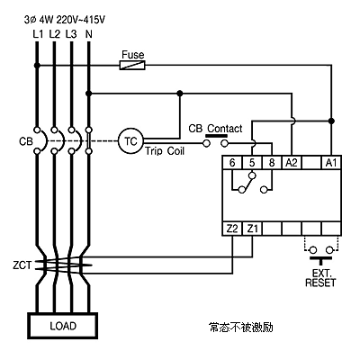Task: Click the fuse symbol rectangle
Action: [x=132, y=65]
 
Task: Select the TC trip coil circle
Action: [x=130, y=141]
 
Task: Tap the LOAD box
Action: [x=63, y=326]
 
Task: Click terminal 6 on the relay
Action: [x=232, y=163]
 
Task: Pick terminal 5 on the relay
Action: [x=252, y=163]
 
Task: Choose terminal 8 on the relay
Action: [x=272, y=163]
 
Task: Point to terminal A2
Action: [x=292, y=163]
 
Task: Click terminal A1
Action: [x=331, y=163]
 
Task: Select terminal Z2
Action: [x=232, y=229]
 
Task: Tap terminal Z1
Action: [x=252, y=229]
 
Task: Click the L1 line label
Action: [x=38, y=34]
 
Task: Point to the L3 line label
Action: [x=71, y=34]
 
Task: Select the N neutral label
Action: [x=88, y=34]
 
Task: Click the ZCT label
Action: [x=22, y=265]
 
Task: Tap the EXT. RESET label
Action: [x=320, y=278]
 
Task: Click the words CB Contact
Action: [x=215, y=129]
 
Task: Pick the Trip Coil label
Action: [x=165, y=150]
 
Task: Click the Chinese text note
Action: [x=241, y=328]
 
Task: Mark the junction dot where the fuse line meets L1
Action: [x=37, y=65]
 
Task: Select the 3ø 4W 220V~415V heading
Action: [x=65, y=20]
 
